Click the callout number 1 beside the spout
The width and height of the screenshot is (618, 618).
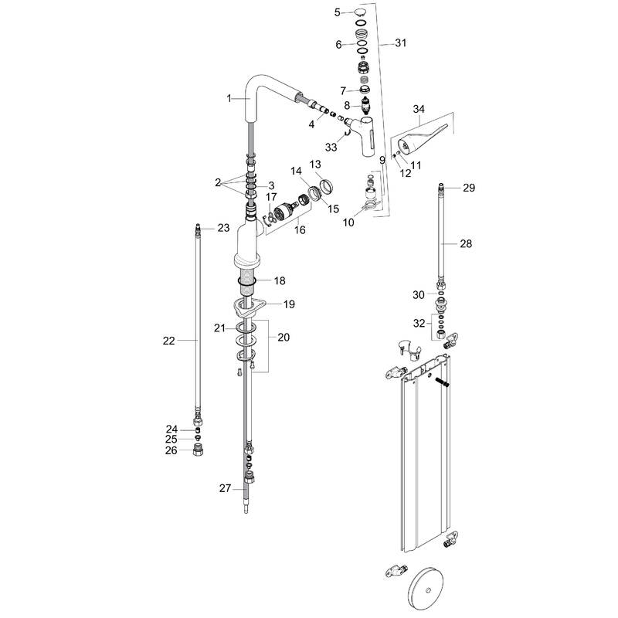(x=229, y=98)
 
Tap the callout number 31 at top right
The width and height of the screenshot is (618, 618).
(x=399, y=43)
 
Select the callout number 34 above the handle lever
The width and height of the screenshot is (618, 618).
(x=419, y=109)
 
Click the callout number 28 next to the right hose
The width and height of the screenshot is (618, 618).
(x=465, y=243)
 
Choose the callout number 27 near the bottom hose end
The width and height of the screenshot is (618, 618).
(x=225, y=487)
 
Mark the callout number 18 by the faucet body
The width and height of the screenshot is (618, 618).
(x=279, y=280)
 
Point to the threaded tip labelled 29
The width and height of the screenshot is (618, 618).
(x=443, y=188)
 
